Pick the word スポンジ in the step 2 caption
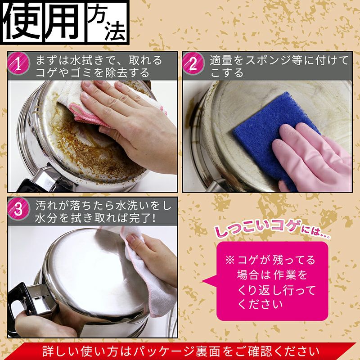(x=277, y=60)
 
